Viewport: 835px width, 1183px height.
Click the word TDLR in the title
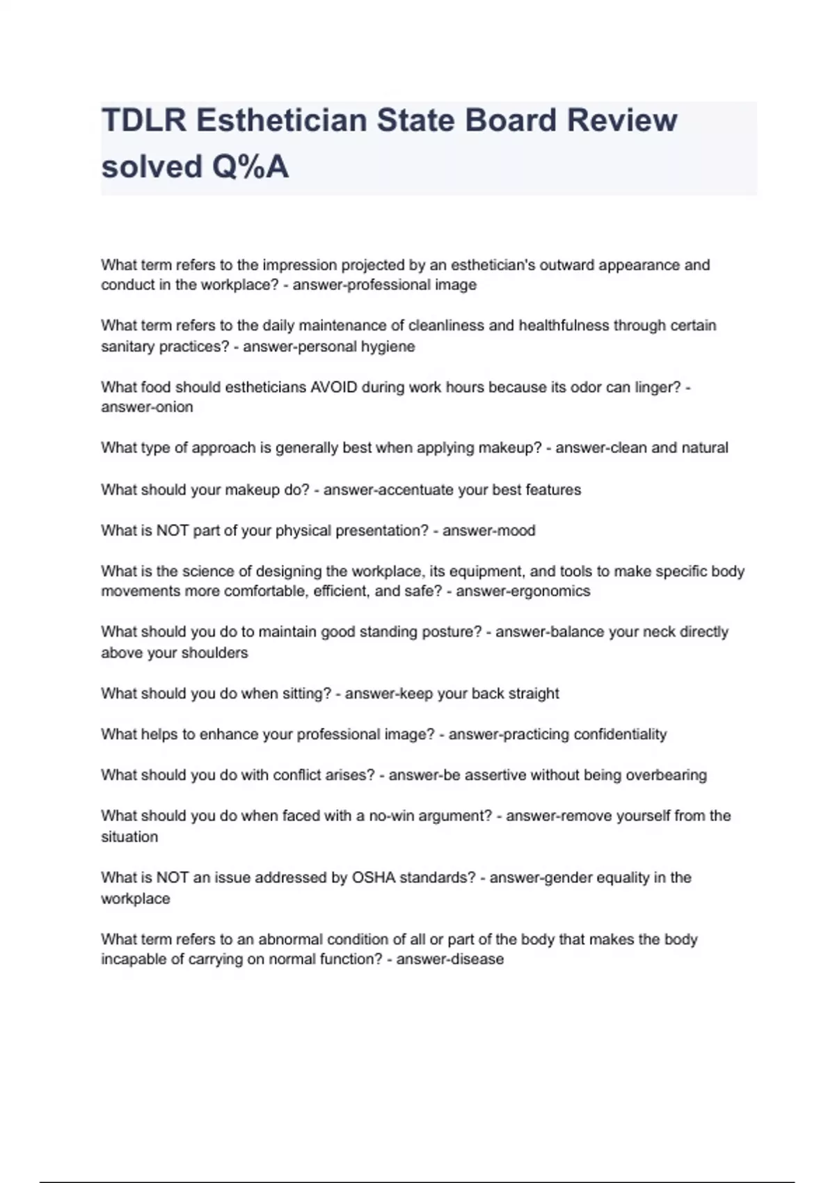144,120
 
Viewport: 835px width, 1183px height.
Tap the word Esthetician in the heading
281,120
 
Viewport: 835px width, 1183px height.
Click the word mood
516,530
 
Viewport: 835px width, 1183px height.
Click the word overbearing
666,775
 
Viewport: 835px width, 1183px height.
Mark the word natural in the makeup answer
704,447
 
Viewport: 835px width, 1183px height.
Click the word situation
129,836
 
